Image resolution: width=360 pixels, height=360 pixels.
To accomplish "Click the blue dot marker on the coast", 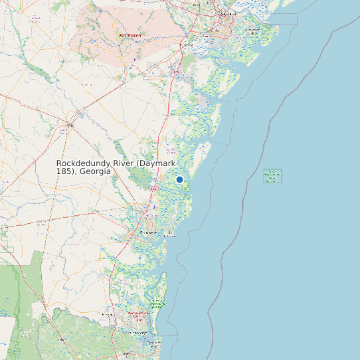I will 179,179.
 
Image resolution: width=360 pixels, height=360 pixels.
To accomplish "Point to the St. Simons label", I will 171,235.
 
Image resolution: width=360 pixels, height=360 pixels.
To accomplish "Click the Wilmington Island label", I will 252,31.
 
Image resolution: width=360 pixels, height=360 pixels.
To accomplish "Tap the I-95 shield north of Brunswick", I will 153,189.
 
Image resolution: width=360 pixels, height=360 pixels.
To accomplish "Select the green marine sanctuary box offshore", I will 272,176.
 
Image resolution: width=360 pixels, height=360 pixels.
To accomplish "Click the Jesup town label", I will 70,124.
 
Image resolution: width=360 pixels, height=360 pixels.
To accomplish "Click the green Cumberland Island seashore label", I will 157,303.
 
